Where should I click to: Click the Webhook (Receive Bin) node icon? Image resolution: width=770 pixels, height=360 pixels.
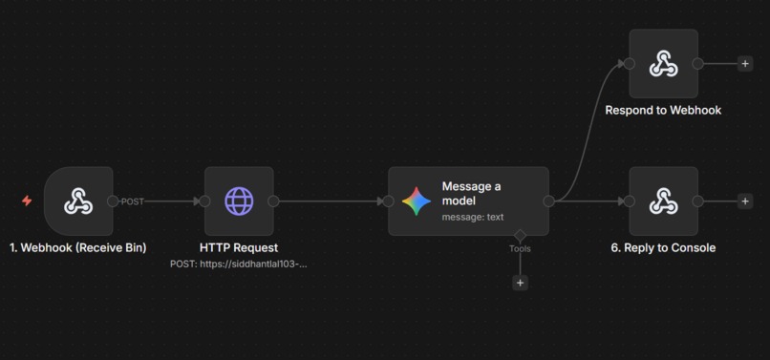(x=78, y=201)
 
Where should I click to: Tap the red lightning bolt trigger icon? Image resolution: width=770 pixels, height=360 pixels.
(x=27, y=201)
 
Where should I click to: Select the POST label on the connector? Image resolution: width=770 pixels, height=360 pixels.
(x=133, y=201)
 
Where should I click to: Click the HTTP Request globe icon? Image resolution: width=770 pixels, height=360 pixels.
(x=239, y=201)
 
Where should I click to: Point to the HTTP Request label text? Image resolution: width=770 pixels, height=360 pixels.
(x=239, y=247)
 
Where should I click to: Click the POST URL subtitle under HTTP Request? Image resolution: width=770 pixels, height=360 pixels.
(x=239, y=264)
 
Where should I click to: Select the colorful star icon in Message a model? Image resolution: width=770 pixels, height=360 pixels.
(x=417, y=201)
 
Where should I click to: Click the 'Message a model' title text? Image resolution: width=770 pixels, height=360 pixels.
(x=471, y=193)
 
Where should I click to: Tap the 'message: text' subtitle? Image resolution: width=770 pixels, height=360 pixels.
(x=472, y=217)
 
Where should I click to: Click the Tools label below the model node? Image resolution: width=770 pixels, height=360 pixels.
(x=520, y=248)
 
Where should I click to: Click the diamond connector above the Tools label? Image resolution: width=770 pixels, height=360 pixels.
(x=520, y=234)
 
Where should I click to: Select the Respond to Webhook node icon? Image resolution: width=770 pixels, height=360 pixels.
(x=663, y=64)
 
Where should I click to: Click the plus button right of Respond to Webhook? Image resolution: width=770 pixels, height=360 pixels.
(x=745, y=64)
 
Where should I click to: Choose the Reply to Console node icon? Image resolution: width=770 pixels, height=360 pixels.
(x=663, y=201)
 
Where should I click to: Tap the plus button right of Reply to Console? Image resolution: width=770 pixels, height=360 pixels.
(x=745, y=201)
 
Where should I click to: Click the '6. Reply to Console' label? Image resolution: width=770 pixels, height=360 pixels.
(x=663, y=247)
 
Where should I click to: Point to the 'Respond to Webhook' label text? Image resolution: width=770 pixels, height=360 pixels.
(x=663, y=110)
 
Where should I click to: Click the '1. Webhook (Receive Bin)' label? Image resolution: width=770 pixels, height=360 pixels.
(x=78, y=247)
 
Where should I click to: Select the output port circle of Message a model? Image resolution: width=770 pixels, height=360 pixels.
(x=548, y=201)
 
